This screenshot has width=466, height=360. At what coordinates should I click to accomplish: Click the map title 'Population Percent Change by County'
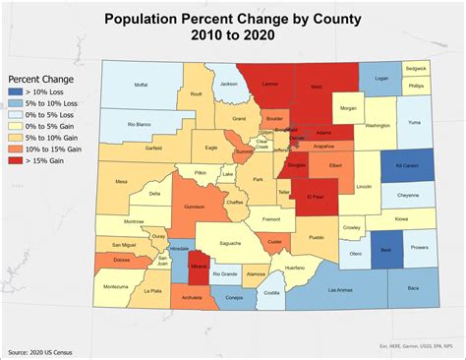(233, 17)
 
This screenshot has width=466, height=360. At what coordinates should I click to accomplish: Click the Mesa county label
(122, 182)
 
